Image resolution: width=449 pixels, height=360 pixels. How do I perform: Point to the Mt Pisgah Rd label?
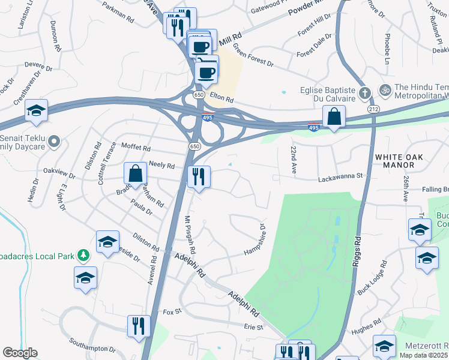[190, 234]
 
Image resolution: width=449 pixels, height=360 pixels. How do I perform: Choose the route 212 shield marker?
[374, 110]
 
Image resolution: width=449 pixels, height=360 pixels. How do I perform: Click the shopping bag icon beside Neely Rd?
[136, 173]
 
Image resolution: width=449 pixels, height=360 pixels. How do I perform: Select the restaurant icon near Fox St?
[139, 325]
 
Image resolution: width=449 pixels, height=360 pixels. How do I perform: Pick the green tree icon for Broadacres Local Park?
[83, 256]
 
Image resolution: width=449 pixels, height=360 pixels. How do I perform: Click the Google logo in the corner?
[20, 353]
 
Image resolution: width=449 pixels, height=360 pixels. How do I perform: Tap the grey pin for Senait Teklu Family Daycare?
[54, 142]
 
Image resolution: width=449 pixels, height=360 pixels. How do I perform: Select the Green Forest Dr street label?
[253, 55]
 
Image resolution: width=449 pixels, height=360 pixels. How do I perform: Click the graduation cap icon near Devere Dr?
[37, 111]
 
